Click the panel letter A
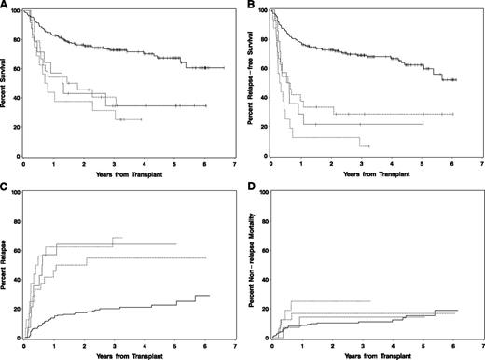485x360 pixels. click(x=4, y=6)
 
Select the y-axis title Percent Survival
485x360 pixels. click(x=7, y=84)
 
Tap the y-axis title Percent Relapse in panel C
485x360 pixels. click(x=7, y=266)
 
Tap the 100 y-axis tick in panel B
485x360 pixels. click(x=267, y=11)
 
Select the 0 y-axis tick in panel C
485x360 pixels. click(x=21, y=338)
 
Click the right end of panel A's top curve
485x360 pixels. click(x=224, y=68)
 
